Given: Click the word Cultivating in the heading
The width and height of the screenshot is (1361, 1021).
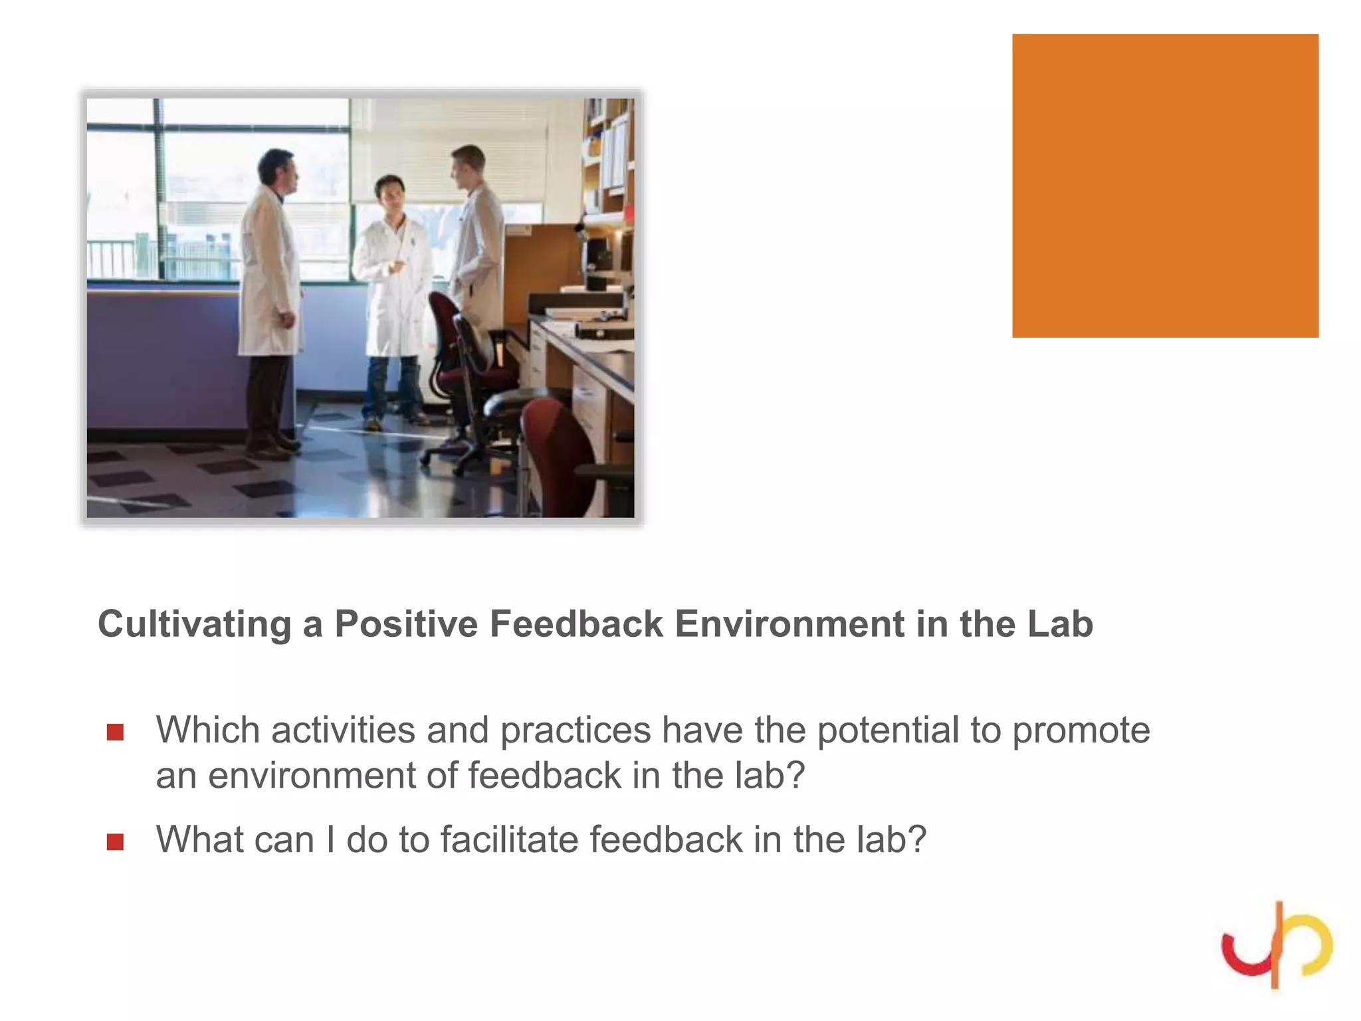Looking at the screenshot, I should tap(194, 625).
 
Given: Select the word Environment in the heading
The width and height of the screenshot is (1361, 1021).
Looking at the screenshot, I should tap(789, 625).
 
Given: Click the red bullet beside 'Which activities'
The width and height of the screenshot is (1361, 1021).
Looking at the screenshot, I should tap(115, 732).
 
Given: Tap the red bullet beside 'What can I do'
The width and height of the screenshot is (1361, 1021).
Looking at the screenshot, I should tap(115, 842).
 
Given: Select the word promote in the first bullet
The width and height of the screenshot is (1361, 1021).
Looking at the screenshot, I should tap(1081, 731).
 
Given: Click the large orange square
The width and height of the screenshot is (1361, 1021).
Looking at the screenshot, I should tap(1164, 185).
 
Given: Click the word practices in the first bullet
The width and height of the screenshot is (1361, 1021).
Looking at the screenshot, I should tap(575, 731).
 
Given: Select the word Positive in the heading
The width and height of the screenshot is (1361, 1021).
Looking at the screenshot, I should tap(405, 625).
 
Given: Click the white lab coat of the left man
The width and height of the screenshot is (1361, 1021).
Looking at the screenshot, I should tap(267, 279).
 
